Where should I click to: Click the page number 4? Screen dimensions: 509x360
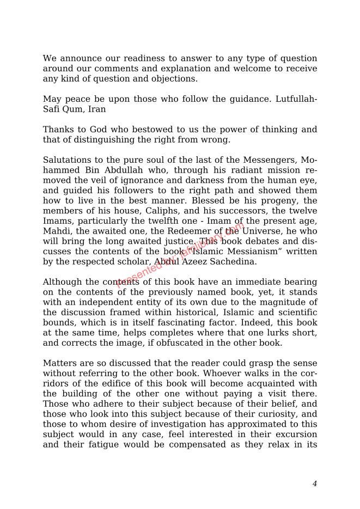(314, 484)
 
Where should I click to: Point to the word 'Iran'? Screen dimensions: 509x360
(97, 109)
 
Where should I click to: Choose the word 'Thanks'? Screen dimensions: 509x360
(58, 130)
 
